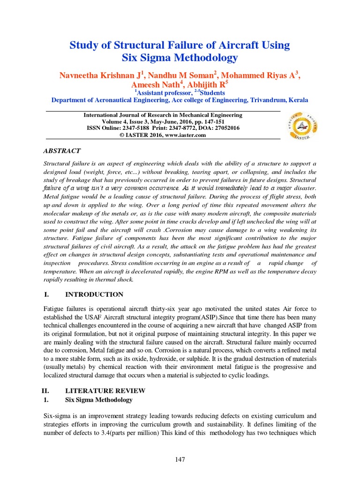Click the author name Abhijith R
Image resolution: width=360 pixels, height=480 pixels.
(207, 85)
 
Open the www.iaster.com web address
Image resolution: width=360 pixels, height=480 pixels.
(186, 135)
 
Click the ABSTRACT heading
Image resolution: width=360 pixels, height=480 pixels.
(62, 151)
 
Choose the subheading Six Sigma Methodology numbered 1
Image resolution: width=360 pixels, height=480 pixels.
(98, 400)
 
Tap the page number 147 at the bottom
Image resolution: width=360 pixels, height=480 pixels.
(180, 460)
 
